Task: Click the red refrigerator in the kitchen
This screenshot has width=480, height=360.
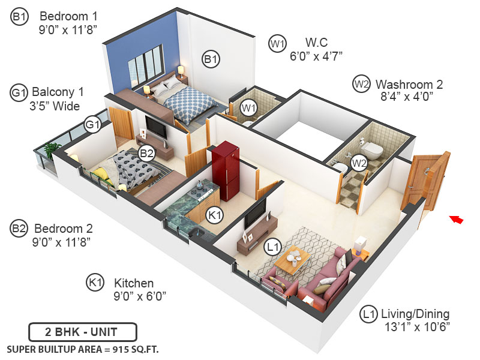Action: [226, 170]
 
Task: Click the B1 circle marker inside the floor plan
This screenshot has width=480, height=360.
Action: [211, 59]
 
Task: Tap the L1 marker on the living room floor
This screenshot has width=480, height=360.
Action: [274, 246]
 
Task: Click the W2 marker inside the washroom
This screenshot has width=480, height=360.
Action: [359, 162]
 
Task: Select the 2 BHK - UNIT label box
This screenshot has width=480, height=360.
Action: [83, 332]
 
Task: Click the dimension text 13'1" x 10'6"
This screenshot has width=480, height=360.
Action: [417, 327]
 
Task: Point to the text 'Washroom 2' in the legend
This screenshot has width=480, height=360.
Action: [409, 84]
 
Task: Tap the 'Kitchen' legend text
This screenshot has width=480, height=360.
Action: [134, 283]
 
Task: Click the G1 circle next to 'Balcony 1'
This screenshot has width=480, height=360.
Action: [19, 92]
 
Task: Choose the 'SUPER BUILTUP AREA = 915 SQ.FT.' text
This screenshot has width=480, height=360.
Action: [83, 349]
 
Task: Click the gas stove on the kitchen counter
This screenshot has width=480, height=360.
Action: [202, 193]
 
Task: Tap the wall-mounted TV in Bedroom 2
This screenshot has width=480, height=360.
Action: [155, 127]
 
